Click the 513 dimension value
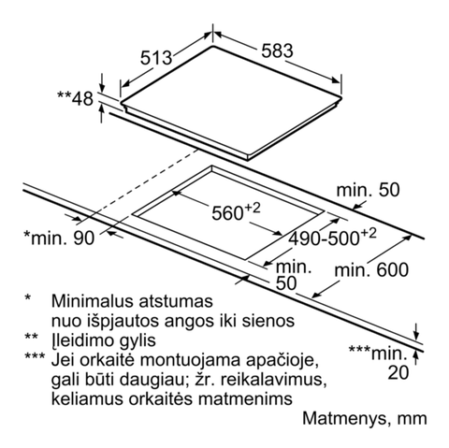click(x=156, y=58)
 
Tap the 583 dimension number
click(x=277, y=51)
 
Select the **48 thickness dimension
click(x=75, y=98)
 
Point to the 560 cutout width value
click(x=236, y=212)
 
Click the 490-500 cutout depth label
click(x=332, y=238)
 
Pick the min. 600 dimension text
click(x=371, y=270)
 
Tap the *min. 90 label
click(x=59, y=238)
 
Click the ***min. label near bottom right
click(x=378, y=353)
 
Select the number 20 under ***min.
click(x=398, y=372)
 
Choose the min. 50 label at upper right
click(x=368, y=190)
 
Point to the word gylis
click(x=138, y=340)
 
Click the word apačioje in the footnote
click(x=282, y=360)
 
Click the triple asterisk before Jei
click(x=35, y=356)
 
